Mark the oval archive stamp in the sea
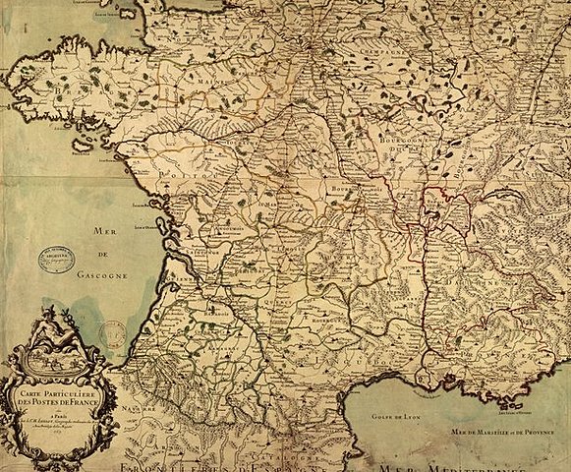56,260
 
